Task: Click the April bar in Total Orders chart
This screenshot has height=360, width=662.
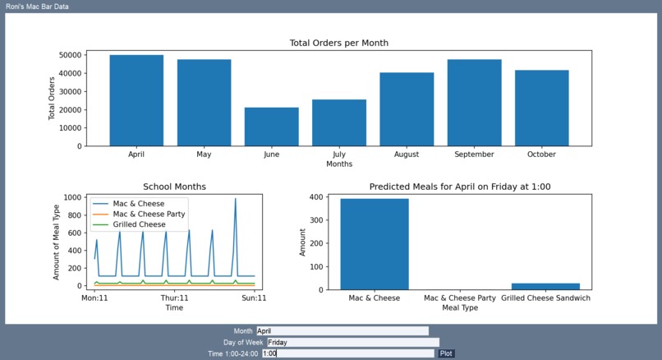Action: click(x=136, y=100)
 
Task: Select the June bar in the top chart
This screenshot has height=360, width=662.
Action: click(x=271, y=127)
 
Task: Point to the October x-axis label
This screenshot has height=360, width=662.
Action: click(x=541, y=155)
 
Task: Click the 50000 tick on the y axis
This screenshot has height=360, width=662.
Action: click(x=70, y=55)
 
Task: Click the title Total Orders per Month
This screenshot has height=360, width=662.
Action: click(x=338, y=43)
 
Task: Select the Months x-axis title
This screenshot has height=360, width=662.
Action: click(x=338, y=164)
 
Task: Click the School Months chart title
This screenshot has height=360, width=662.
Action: click(x=174, y=187)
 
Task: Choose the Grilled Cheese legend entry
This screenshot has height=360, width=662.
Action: click(x=139, y=224)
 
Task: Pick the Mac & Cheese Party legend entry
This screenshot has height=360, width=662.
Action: click(x=148, y=214)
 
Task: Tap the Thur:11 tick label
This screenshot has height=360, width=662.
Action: click(x=174, y=298)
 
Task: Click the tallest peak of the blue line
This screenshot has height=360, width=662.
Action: click(x=235, y=200)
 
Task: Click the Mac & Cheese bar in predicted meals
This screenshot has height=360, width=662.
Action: click(x=374, y=244)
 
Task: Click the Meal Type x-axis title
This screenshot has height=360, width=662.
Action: click(x=460, y=308)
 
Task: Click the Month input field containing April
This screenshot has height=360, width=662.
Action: click(x=342, y=330)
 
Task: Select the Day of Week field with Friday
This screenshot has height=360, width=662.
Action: click(x=352, y=342)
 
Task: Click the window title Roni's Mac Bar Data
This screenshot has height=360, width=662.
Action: click(x=37, y=7)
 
